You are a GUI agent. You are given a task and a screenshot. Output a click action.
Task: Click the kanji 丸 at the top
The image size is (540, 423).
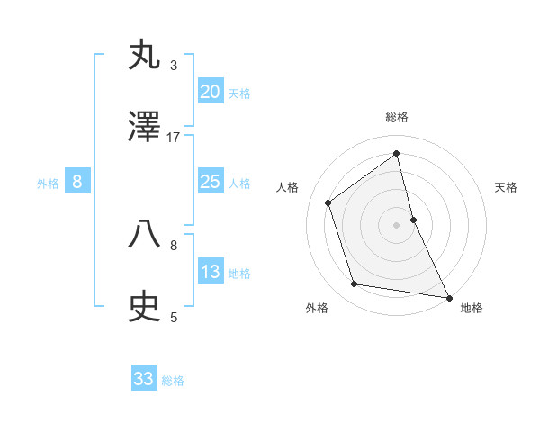[145, 56]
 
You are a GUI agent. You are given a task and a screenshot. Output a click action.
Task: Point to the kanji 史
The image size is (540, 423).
[145, 308]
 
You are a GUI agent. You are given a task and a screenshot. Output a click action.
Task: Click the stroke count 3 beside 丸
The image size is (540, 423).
[174, 65]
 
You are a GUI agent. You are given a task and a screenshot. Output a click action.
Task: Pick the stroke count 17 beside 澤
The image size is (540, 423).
[174, 137]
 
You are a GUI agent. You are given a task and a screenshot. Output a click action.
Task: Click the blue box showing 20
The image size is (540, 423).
[211, 92]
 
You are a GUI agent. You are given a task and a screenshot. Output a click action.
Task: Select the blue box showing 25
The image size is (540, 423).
[211, 182]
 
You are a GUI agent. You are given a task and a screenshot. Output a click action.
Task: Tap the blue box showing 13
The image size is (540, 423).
[211, 272]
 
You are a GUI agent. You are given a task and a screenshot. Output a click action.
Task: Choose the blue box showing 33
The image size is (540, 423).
[144, 379]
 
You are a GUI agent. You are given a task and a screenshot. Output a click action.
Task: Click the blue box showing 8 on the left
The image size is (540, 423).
[77, 182]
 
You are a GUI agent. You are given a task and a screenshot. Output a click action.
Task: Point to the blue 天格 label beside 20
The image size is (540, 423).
[239, 94]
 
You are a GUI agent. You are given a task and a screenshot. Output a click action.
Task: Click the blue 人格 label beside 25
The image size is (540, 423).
[239, 184]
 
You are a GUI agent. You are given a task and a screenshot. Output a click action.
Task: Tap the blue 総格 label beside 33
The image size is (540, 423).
[173, 381]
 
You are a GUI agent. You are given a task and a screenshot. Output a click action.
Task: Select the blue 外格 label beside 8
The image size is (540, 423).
[48, 184]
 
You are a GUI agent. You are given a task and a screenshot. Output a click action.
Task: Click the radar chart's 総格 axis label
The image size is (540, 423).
[397, 118]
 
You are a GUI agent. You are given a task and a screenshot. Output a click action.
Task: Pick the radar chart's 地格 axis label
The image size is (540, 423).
[472, 309]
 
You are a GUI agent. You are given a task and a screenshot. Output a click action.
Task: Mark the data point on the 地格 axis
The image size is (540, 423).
[448, 297]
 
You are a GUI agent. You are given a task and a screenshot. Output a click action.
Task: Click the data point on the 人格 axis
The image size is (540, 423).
[328, 202]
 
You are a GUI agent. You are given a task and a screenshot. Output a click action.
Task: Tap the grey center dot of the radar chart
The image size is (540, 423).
[397, 225]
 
